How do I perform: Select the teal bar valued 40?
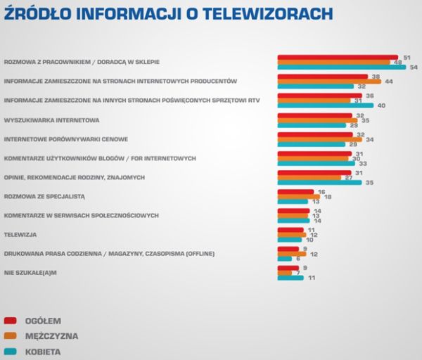[x=324, y=105]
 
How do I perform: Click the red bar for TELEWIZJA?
[x=290, y=229]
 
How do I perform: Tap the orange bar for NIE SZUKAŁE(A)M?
[x=286, y=272]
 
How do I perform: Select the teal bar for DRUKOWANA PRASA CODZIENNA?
[x=283, y=259]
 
